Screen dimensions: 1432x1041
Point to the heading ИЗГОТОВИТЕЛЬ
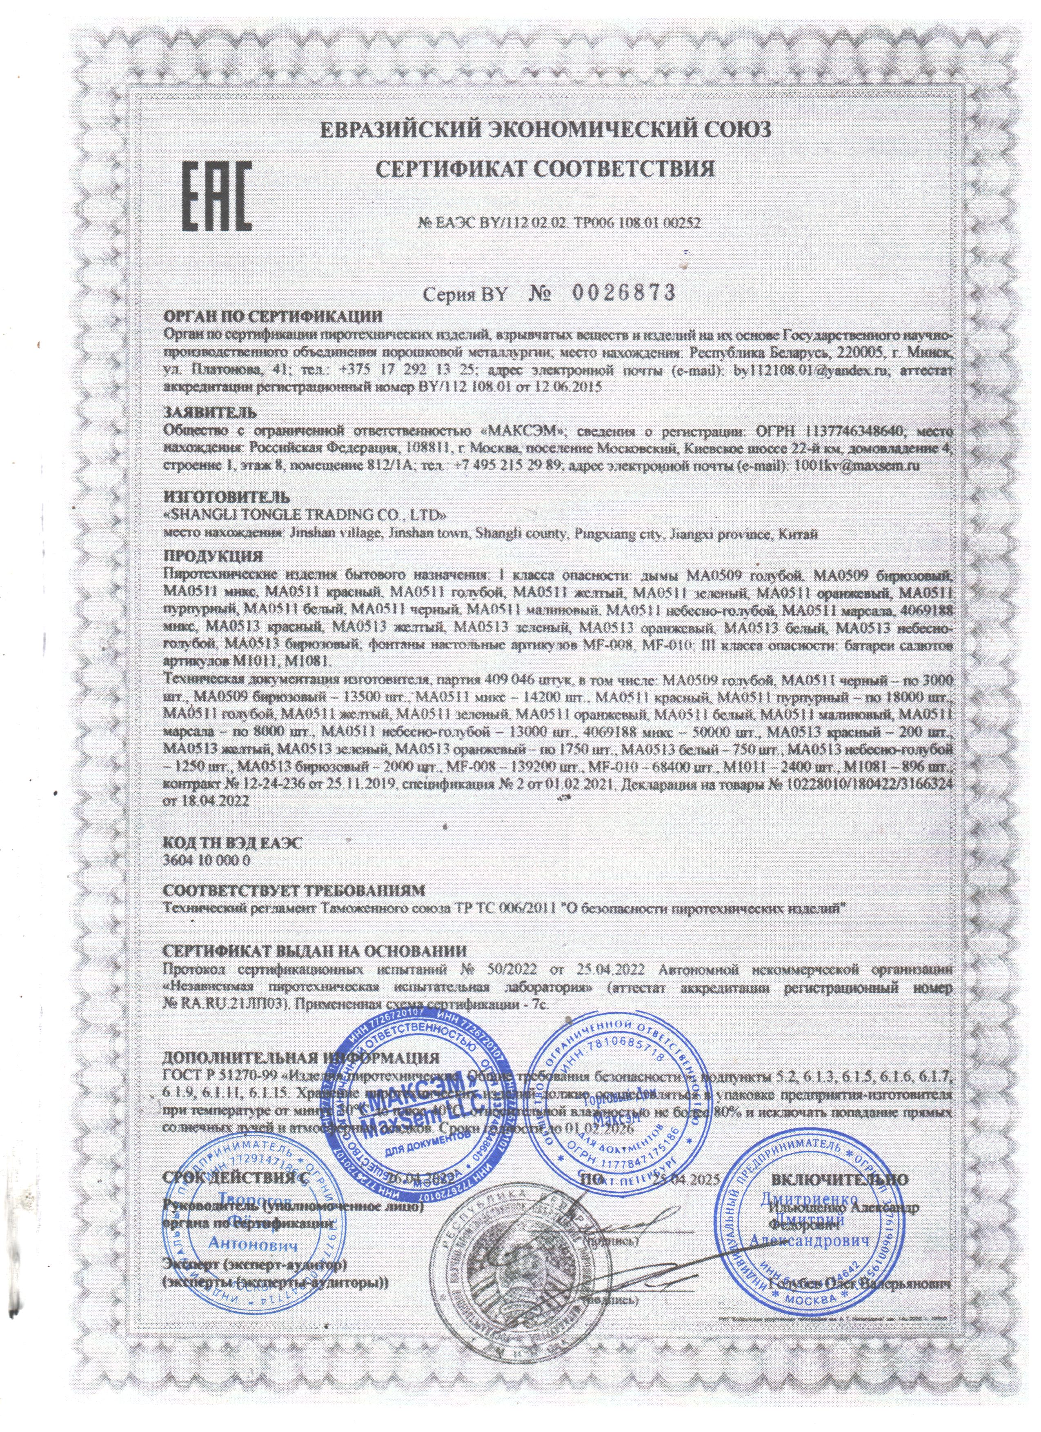click(227, 496)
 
